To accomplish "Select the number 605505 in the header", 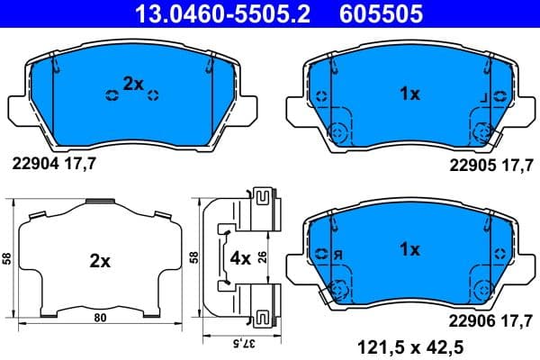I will [382, 13].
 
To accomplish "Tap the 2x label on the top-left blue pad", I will [133, 84].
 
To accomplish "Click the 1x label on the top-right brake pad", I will [409, 93].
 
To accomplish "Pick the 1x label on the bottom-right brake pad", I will [409, 249].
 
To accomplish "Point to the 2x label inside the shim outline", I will [99, 262].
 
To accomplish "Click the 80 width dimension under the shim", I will [99, 318].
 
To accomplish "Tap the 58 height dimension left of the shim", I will [7, 259].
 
